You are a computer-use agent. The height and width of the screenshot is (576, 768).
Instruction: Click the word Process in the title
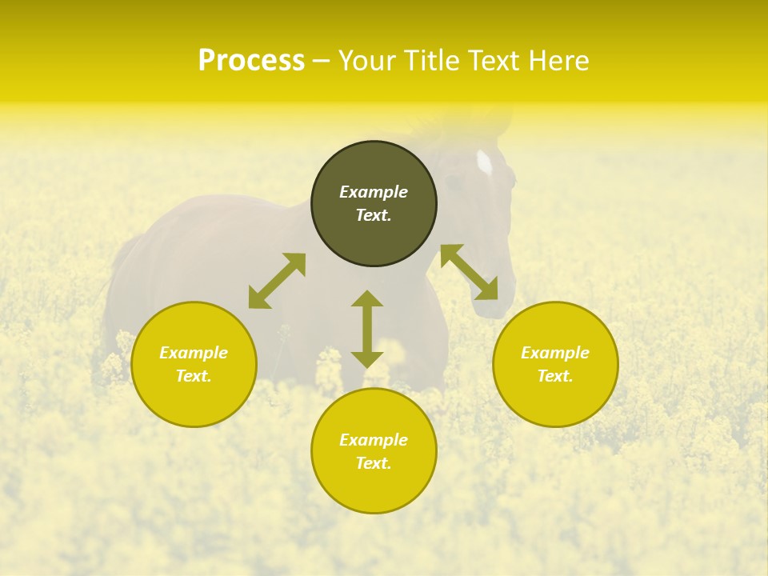click(x=251, y=61)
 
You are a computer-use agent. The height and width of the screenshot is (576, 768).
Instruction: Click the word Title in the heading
click(x=432, y=61)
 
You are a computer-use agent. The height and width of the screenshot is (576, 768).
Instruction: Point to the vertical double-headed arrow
click(x=367, y=329)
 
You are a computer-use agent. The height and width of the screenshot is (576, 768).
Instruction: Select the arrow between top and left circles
click(x=277, y=281)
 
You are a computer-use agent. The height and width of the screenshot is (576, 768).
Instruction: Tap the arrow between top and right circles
click(x=469, y=272)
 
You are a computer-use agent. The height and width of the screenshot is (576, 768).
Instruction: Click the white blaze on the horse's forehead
click(x=484, y=162)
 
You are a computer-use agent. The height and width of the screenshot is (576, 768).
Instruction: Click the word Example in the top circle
click(x=374, y=192)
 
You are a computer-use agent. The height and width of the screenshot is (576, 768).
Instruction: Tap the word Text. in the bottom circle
click(x=374, y=463)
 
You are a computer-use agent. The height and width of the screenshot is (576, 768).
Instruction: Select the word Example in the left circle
click(x=194, y=353)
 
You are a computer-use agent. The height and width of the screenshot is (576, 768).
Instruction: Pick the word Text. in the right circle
click(x=555, y=376)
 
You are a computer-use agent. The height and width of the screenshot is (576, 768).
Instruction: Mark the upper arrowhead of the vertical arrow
click(x=367, y=298)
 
